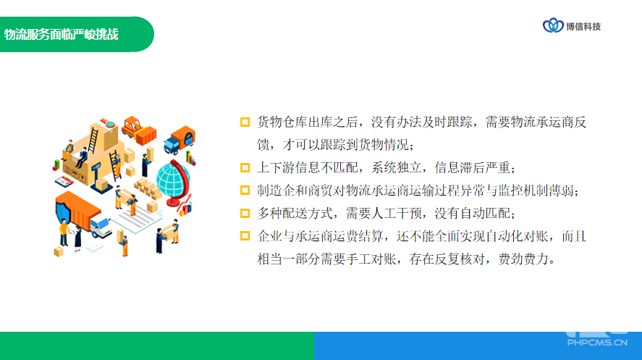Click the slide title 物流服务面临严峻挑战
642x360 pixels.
62,34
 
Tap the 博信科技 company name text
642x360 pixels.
583,27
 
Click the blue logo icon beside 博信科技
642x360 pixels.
553,25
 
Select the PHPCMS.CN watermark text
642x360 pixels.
597,343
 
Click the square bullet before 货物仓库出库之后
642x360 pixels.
245,122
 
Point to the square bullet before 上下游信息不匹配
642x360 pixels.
245,167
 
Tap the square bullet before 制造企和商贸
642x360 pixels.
245,191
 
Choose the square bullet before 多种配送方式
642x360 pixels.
245,214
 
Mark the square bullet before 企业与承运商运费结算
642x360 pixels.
245,236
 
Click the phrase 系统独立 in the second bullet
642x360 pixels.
397,167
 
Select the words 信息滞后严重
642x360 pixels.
473,167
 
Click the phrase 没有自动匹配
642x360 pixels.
473,214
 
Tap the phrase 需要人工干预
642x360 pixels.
384,214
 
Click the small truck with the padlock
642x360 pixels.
179,140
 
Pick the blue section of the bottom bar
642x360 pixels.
478,346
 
